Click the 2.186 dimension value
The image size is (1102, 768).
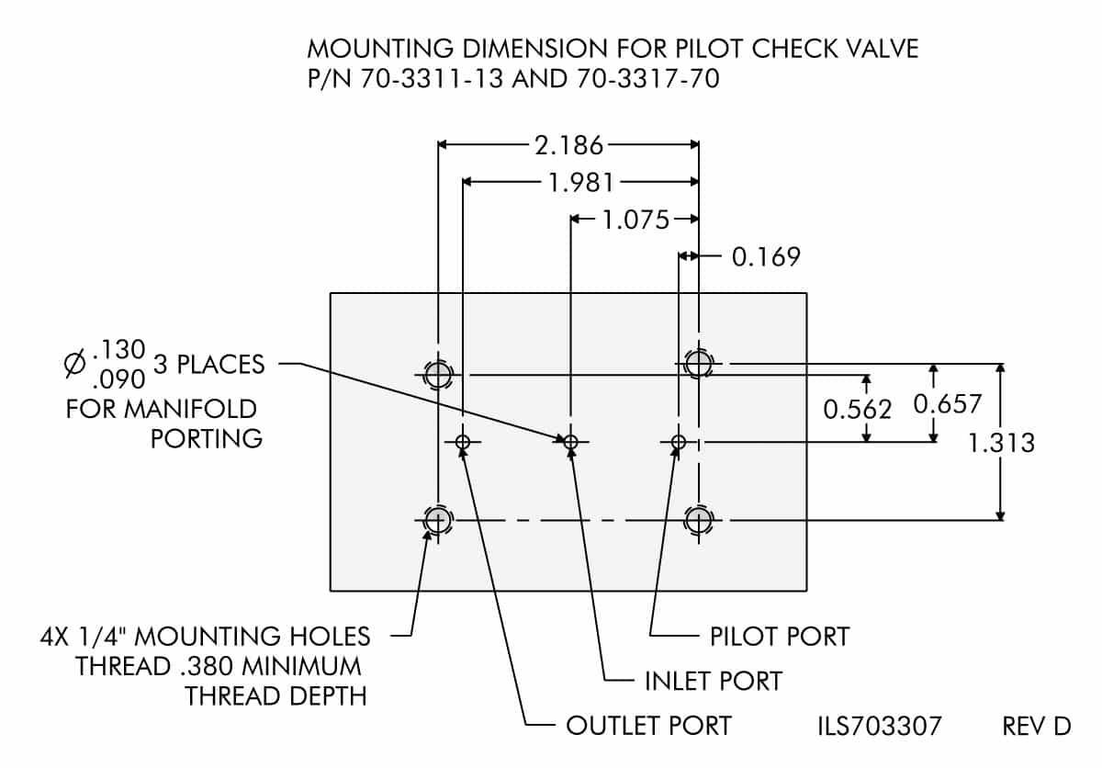click(568, 144)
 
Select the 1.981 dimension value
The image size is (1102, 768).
click(580, 182)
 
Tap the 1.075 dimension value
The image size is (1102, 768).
click(635, 220)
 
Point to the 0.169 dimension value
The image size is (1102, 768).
click(766, 256)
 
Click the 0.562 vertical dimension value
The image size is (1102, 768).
click(857, 409)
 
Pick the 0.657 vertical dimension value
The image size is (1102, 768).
click(948, 403)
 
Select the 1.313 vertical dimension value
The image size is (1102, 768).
click(1002, 443)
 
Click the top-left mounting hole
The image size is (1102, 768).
click(438, 375)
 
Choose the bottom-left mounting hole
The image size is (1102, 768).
click(438, 520)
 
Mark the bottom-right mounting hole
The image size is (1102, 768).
click(699, 520)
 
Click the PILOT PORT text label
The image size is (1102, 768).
click(779, 636)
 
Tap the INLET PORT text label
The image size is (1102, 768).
click(712, 681)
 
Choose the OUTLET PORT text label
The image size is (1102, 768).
click(648, 726)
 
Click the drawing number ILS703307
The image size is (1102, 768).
click(879, 726)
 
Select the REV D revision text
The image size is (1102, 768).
click(1036, 726)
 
